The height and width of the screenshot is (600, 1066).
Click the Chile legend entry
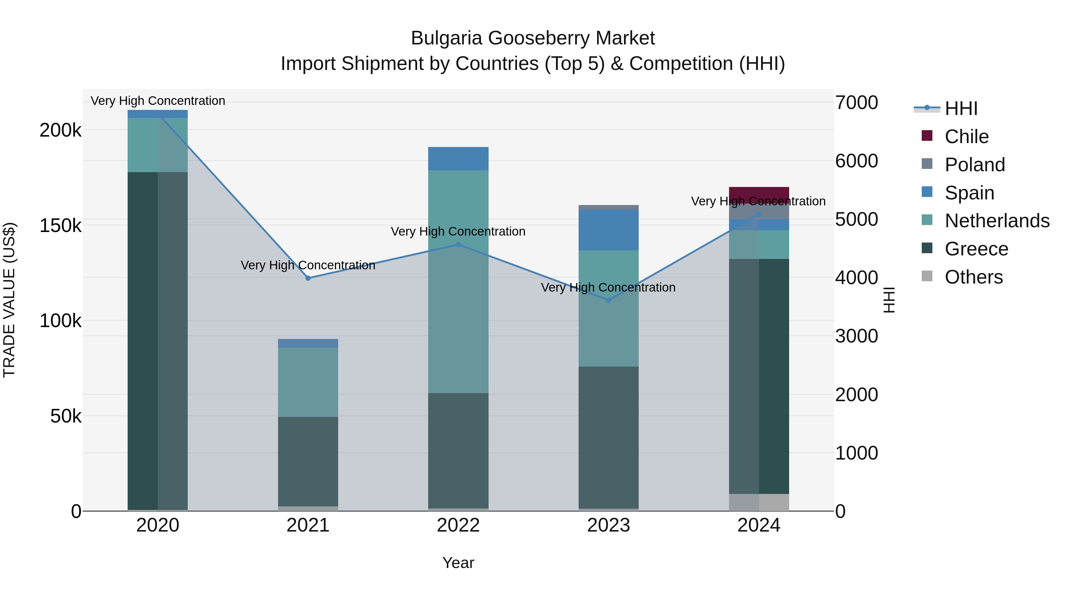(x=966, y=136)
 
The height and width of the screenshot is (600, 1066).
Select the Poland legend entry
(x=975, y=164)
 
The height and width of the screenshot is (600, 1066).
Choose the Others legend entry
(x=973, y=277)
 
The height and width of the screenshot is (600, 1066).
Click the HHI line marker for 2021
(x=308, y=278)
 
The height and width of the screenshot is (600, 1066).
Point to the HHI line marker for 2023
(x=608, y=300)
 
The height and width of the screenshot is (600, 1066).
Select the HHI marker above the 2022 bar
(x=458, y=245)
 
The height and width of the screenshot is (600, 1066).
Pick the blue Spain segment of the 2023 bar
(x=608, y=230)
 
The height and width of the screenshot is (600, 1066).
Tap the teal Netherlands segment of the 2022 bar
(x=458, y=281)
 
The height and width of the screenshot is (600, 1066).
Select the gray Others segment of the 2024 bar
(x=759, y=502)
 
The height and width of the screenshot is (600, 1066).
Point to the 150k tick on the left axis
(x=60, y=226)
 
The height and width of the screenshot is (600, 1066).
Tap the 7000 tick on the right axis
(x=856, y=103)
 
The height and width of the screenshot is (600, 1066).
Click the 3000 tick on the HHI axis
(x=856, y=336)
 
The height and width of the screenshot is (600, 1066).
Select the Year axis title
(x=458, y=563)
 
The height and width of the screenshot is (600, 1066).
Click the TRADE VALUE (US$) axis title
(x=9, y=300)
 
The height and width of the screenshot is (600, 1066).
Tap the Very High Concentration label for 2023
(x=608, y=287)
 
